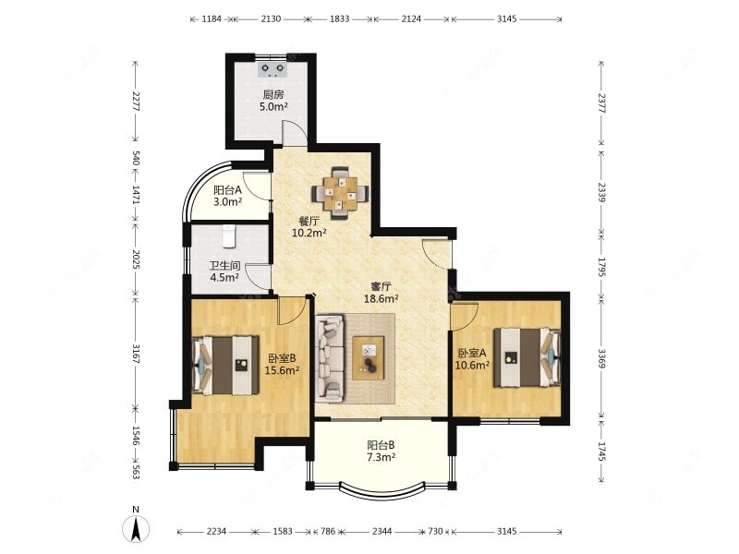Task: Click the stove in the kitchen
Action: pos(273,69)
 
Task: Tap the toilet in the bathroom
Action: pos(228,235)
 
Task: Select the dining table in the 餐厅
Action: pos(340,193)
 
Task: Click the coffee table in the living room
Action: pos(368,357)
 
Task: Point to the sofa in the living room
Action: pos(330,359)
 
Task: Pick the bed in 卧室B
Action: pos(225,365)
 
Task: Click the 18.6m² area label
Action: pos(382,298)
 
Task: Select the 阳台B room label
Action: pos(381,445)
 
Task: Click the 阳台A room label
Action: pos(227,190)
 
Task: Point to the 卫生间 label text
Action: pos(224,266)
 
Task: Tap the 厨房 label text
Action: pos(273,94)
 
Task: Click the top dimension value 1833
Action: pos(339,18)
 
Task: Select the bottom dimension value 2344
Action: pos(382,532)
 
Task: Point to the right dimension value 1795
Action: pos(602,267)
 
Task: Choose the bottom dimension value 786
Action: pos(328,532)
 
